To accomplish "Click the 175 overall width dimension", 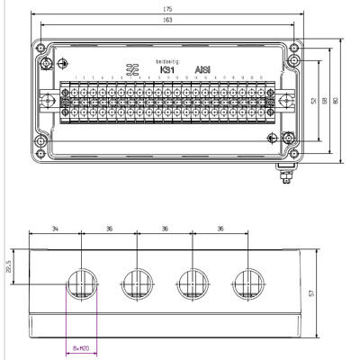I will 167,9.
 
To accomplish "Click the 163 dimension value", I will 167,19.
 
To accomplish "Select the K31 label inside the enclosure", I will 166,68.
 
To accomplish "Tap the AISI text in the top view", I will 202,68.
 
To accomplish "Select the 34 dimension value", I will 55,229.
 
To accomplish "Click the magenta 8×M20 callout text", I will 83,348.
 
